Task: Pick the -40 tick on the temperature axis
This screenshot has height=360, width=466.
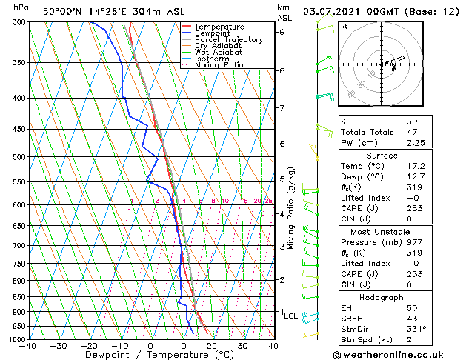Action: click(28, 346)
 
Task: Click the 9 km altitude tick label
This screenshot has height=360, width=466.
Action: click(282, 32)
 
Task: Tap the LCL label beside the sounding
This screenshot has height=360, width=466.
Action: click(290, 316)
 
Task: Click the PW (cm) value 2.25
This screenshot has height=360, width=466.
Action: click(415, 144)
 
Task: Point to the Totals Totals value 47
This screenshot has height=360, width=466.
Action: click(412, 133)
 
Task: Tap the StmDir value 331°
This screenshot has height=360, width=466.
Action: click(416, 330)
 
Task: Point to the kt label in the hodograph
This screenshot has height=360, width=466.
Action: click(344, 26)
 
